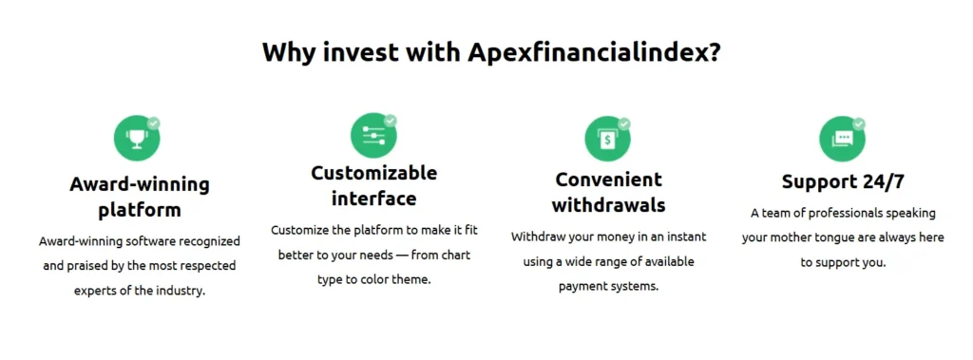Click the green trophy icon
pos(137,139)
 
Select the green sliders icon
pos(372,137)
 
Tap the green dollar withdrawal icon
pos(606,139)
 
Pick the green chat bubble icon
pos(841,139)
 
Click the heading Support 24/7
pos(843,181)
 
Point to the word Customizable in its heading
pos(374,173)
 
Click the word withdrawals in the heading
pos(608,205)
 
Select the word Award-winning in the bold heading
pos(140,184)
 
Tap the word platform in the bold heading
pos(140,210)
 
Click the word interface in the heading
pos(374,199)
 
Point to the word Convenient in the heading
pos(609,180)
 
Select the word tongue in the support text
pos(861,237)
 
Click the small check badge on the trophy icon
pos(154,123)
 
